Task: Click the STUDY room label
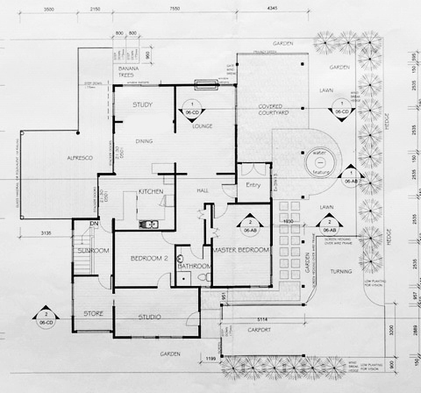click(x=143, y=106)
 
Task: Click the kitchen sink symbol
click(x=150, y=224)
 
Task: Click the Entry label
click(x=253, y=185)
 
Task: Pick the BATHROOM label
click(x=193, y=266)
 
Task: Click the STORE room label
click(x=94, y=312)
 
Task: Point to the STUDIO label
click(x=155, y=316)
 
